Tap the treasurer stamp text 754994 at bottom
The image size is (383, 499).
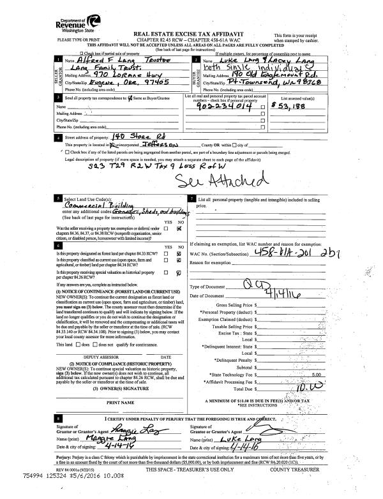click(14, 493)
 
